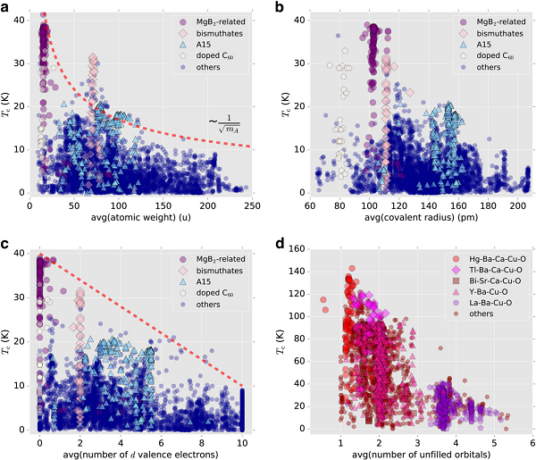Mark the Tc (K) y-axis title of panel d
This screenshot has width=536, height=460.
pos(283,339)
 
